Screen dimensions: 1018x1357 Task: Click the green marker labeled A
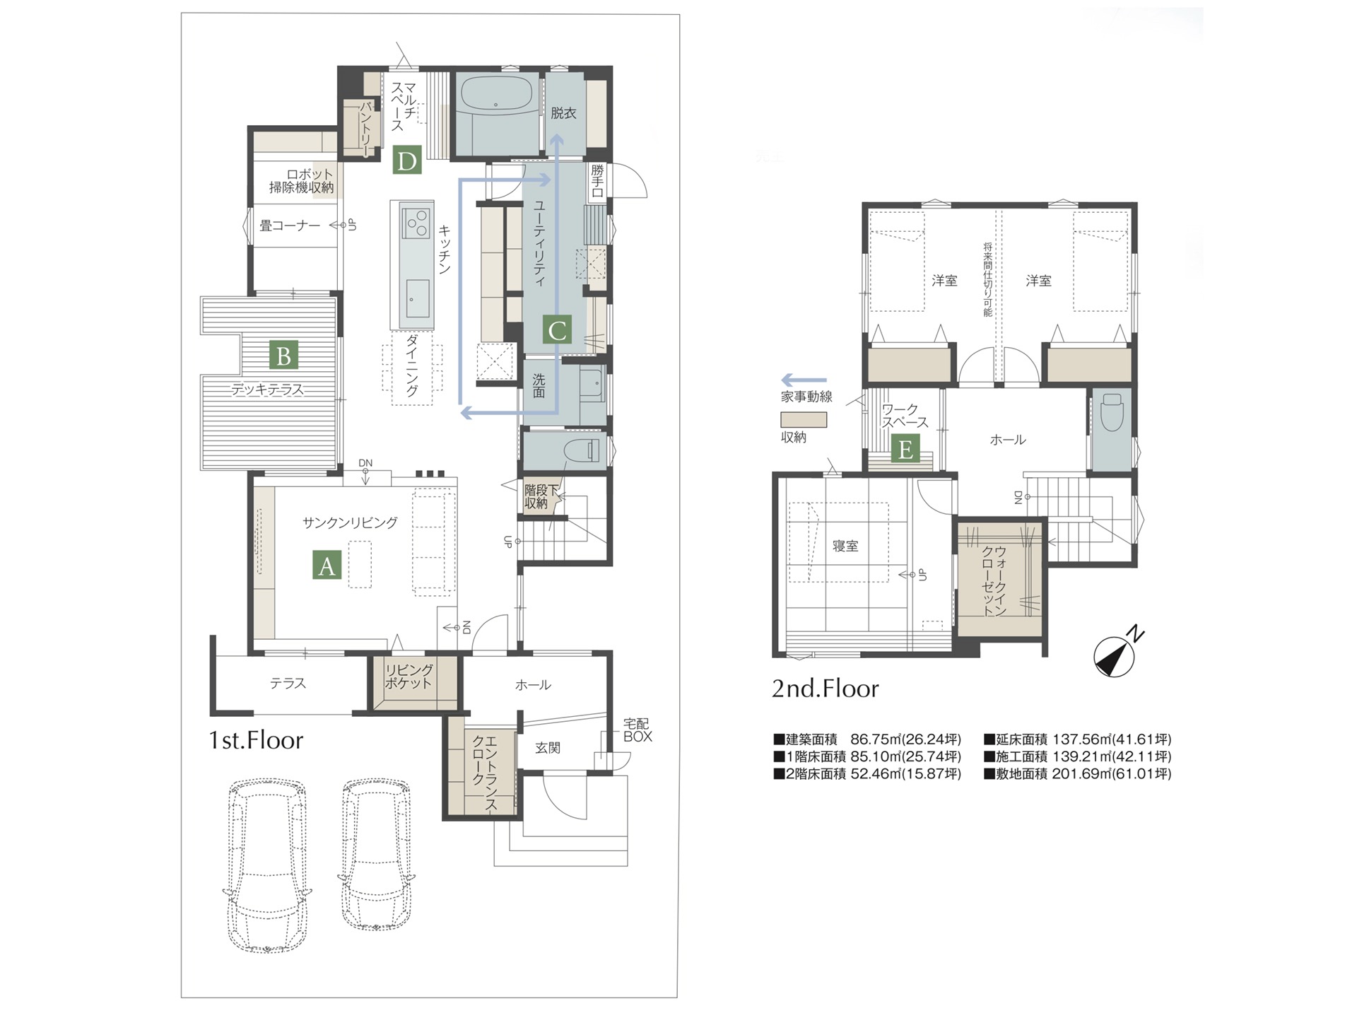pos(327,566)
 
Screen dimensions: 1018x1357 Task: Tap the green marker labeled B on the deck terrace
pos(283,356)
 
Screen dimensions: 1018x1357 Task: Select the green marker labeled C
pos(557,329)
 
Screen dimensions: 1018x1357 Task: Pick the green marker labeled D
pos(407,160)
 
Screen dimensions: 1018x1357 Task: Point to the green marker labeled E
pos(905,449)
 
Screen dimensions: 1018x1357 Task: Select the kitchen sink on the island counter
pos(416,298)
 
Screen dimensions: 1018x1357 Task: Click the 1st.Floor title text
pos(256,740)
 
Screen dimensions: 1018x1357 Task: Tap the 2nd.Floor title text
pos(825,688)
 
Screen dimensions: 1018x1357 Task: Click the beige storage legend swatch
pos(803,419)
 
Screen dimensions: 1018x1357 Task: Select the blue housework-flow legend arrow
pos(803,380)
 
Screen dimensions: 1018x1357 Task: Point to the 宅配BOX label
pos(637,730)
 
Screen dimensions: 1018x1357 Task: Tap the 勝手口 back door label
pos(598,180)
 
